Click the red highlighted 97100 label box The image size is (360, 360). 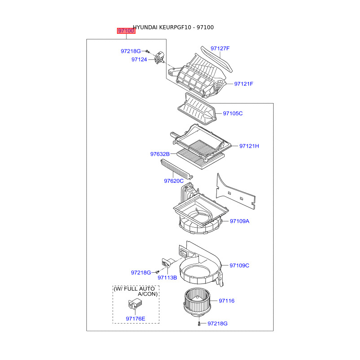click(x=126, y=31)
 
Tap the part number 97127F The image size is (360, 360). click(x=220, y=48)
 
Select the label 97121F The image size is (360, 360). click(x=244, y=84)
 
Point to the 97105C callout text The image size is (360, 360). click(x=233, y=113)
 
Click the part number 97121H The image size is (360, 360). click(x=249, y=146)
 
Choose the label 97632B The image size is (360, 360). click(x=160, y=154)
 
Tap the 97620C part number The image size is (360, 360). click(x=174, y=181)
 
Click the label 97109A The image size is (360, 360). click(x=239, y=221)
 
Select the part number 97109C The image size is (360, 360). click(x=239, y=265)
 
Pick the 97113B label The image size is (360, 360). click(x=167, y=278)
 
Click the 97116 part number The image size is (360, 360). click(x=227, y=301)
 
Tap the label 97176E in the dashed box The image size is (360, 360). click(x=135, y=319)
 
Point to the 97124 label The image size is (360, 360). click(x=139, y=59)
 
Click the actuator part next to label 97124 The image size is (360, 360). click(x=159, y=58)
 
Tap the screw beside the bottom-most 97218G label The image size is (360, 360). click(x=199, y=323)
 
